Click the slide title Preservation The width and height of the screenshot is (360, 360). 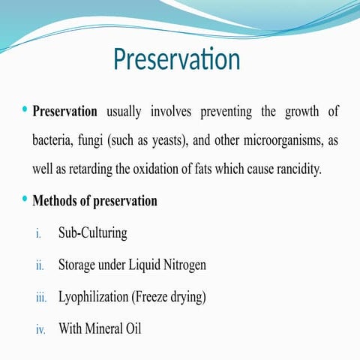176,60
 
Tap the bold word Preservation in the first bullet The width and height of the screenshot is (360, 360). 65,112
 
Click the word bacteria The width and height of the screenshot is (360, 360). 53,140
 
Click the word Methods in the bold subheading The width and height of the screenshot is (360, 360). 57,201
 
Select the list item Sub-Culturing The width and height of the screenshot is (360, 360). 92,233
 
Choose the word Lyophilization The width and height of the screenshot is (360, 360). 94,297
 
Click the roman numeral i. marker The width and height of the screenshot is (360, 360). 40,234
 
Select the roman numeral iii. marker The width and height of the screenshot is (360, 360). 41,298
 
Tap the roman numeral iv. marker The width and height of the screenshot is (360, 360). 41,329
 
